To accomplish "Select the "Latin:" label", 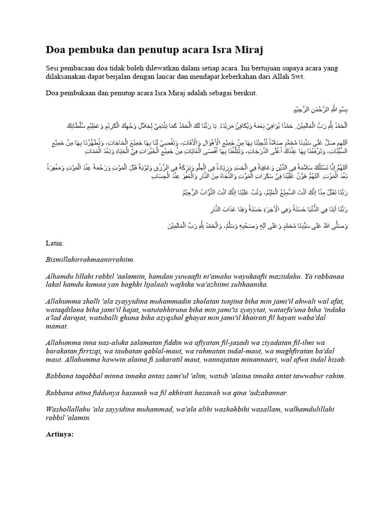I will pos(54,243).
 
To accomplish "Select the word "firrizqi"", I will pos(98,352).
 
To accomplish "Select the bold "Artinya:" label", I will pos(59,434).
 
